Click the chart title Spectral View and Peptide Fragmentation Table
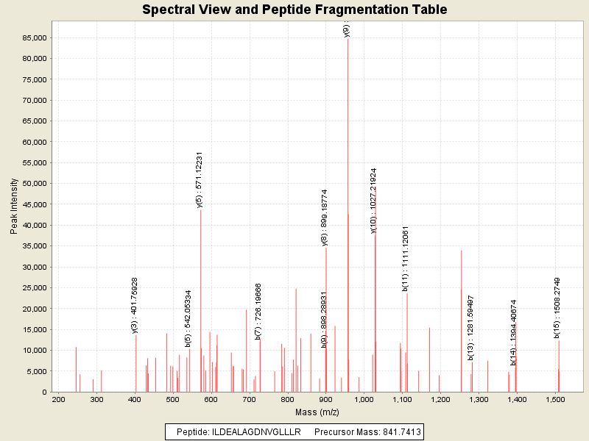click(x=294, y=10)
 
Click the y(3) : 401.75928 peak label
click(x=135, y=305)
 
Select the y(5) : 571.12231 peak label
click(x=200, y=180)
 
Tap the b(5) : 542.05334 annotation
click(x=188, y=318)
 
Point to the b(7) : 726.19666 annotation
click(x=258, y=312)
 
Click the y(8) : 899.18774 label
click(x=325, y=217)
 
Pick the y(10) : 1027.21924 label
click(x=373, y=201)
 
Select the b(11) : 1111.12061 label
click(x=406, y=259)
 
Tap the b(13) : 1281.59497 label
click(x=471, y=327)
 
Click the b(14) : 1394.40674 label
click(x=514, y=332)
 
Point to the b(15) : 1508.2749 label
click(x=557, y=308)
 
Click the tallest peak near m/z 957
click(x=348, y=220)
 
